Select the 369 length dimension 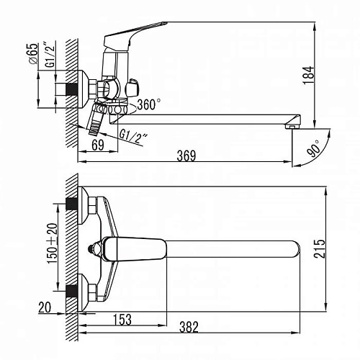coord(186,156)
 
